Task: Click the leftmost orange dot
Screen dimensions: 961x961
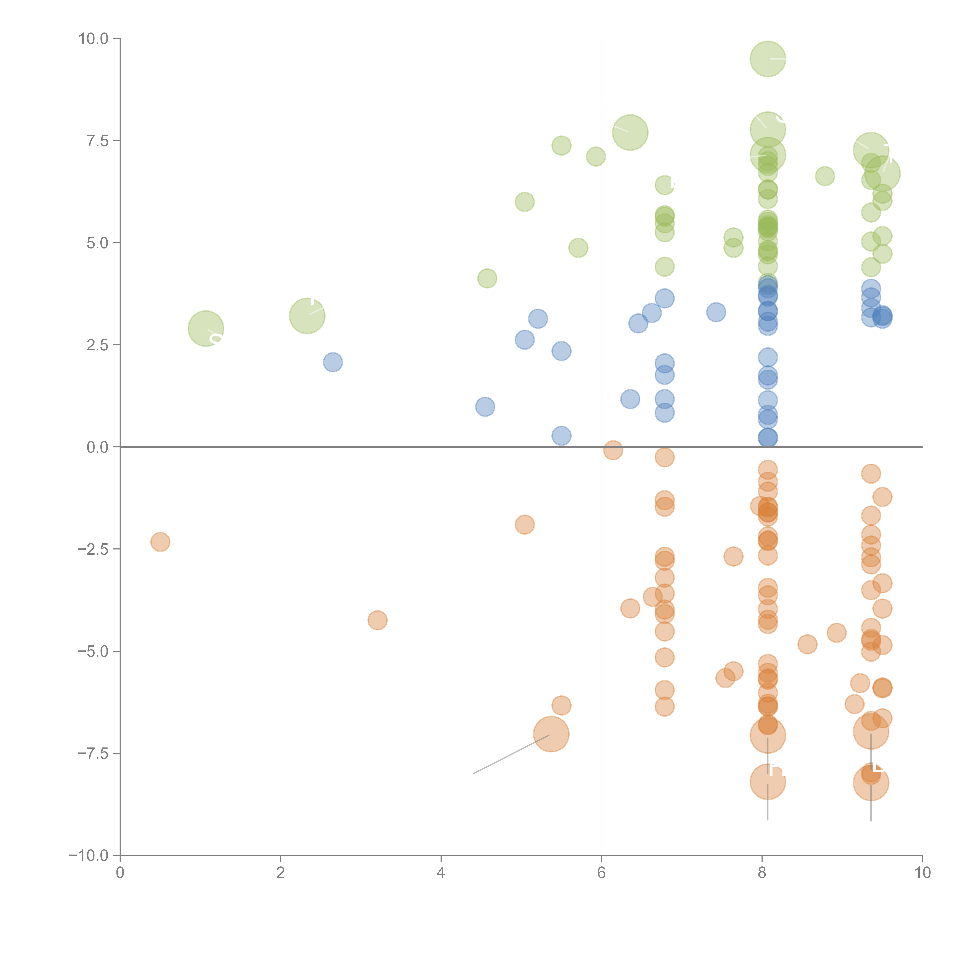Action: click(160, 542)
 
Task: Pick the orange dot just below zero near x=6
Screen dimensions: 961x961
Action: click(613, 450)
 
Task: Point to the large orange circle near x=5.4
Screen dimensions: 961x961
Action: click(551, 734)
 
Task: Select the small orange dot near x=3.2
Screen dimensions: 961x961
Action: click(377, 620)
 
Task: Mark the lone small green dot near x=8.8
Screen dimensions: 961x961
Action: click(825, 176)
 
